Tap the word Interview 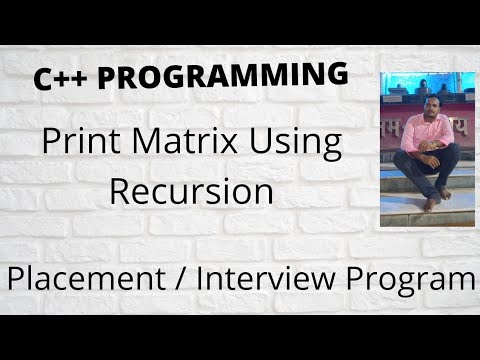point(285,278)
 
